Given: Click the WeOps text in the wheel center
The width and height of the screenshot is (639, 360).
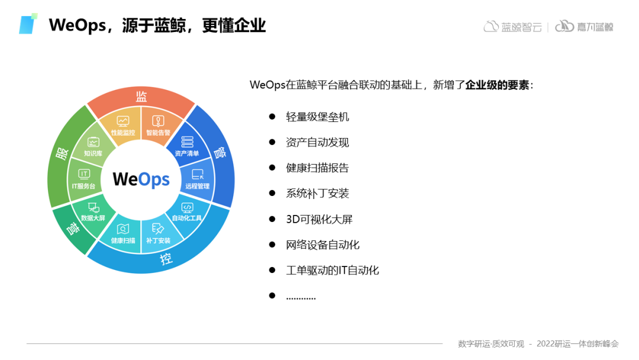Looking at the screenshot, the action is pos(141,179).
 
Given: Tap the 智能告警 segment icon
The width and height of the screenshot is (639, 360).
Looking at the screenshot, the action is pos(158,121).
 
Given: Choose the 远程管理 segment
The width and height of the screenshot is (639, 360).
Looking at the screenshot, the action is pos(198,179).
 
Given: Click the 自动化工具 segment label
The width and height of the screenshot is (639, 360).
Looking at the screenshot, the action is pos(186,218).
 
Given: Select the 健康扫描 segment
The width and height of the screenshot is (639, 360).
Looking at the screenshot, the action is pos(123,234).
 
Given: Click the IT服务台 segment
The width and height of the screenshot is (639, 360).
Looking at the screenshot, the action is pos(83,179).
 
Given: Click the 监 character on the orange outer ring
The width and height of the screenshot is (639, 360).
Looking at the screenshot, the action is pos(141,97).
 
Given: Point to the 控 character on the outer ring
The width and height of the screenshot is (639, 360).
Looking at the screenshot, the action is pos(166,259).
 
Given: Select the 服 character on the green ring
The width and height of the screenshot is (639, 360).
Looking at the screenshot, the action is pos(62,154).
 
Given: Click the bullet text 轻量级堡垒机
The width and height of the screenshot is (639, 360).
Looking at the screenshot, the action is pos(318,117).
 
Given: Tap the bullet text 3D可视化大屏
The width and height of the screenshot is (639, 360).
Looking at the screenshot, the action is pos(319,219).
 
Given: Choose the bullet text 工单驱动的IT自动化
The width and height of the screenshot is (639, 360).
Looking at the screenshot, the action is pos(333,271).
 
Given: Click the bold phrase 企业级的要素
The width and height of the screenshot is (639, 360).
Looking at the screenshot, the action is pos(497,85).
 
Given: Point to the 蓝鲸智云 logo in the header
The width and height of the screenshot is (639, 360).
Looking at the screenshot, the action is pos(512,27).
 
